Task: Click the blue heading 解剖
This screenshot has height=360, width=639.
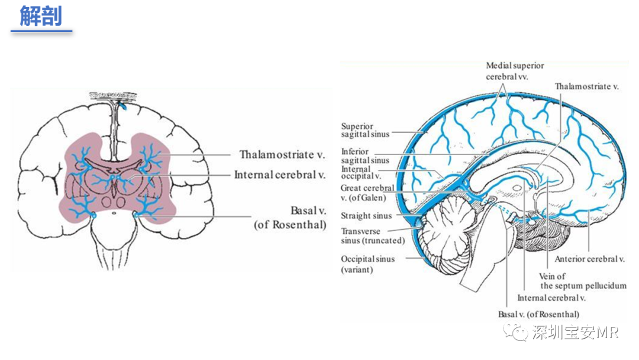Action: point(41,17)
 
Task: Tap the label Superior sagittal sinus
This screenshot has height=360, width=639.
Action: point(365,130)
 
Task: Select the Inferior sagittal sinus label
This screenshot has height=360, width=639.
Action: point(365,156)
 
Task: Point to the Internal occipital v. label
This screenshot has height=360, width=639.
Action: point(361,172)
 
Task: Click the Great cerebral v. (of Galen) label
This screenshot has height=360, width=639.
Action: point(367,193)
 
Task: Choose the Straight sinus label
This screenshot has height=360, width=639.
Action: point(366,216)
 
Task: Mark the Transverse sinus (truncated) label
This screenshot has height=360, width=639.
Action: point(373,236)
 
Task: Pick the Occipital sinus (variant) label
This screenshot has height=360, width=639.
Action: point(367,264)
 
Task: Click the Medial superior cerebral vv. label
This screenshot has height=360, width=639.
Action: point(515,71)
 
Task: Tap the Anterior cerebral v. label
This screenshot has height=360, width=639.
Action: point(589,259)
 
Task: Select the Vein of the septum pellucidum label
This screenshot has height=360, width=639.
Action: point(583,281)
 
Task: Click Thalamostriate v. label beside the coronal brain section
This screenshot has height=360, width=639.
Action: point(282,155)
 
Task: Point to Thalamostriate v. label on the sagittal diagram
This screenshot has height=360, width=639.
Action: point(586,86)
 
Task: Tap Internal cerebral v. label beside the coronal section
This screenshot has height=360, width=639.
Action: point(279,175)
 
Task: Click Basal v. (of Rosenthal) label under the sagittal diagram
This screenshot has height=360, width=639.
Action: point(538,314)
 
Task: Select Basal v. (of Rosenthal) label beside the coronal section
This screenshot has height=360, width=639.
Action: point(290,218)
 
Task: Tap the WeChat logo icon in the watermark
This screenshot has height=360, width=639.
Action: point(515,332)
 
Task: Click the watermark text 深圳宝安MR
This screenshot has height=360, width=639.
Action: point(575,333)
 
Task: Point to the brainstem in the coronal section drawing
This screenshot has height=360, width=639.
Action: point(115,240)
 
